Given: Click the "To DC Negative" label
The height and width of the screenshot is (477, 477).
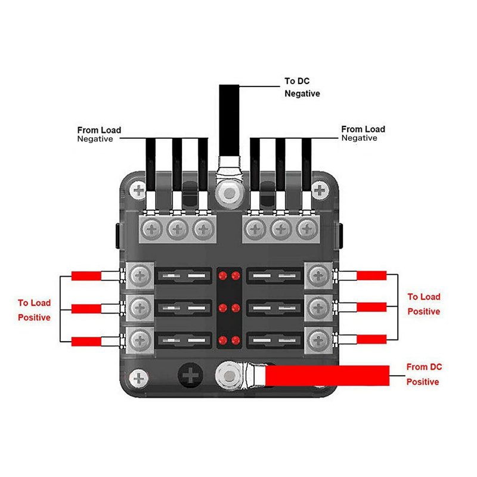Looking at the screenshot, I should coord(302,88).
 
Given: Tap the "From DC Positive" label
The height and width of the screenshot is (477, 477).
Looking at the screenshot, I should coord(424,374).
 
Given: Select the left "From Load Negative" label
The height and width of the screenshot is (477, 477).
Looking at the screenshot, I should coord(99,134).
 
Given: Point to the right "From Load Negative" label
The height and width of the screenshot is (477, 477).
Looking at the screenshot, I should coord(363,133).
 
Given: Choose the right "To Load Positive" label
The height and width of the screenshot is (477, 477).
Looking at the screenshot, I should coord(423,304).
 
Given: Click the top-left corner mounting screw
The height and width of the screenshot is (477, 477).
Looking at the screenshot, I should coord(139,191).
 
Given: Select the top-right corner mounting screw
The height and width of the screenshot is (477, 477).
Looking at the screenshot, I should coord(320,191).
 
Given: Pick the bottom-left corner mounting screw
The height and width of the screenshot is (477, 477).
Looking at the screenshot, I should coord(139,378).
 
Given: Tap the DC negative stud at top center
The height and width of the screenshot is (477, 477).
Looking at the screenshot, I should coord(228,192).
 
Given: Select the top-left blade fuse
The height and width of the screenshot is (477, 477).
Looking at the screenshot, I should coord(183,276).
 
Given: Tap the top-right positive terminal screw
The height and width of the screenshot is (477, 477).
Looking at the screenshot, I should coord(318,275).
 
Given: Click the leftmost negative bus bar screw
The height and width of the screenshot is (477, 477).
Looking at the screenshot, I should coord(152,228).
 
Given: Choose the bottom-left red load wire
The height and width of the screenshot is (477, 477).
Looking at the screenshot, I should coord(86,341).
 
